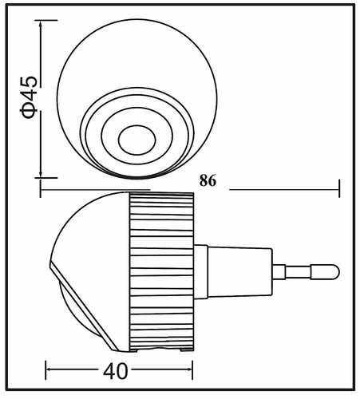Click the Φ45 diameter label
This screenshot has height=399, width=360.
[x=29, y=97]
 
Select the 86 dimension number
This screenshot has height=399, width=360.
[x=208, y=181]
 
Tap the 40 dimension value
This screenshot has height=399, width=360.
[x=115, y=371]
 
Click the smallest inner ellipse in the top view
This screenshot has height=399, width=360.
[x=137, y=140]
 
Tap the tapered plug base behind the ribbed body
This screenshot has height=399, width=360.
[x=239, y=272]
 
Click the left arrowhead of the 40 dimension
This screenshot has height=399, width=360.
[x=49, y=369]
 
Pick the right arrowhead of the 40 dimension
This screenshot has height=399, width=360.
[x=190, y=369]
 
